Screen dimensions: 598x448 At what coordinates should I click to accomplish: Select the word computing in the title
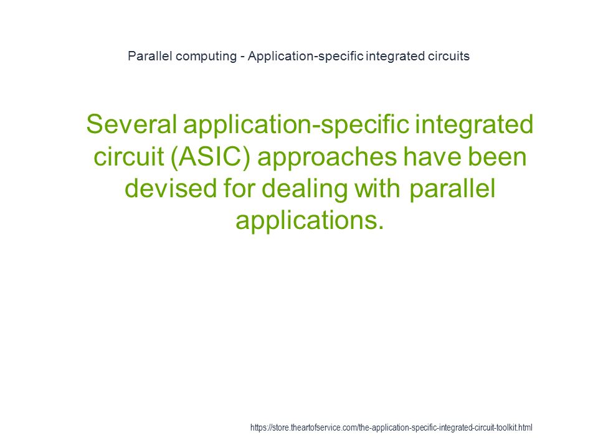pyautogui.click(x=206, y=57)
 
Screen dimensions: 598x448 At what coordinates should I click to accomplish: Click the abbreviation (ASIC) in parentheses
pyautogui.click(x=210, y=157)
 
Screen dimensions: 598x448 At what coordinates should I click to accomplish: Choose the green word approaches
pyautogui.click(x=327, y=157)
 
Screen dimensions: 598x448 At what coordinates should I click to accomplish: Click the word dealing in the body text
pyautogui.click(x=305, y=189)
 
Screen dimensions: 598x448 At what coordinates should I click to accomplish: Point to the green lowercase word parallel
pyautogui.click(x=452, y=189)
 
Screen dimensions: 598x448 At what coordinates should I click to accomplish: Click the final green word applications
pyautogui.click(x=310, y=220)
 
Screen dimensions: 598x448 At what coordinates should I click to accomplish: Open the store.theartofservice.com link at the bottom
pyautogui.click(x=391, y=427)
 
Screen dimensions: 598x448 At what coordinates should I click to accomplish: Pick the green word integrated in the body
pyautogui.click(x=474, y=124)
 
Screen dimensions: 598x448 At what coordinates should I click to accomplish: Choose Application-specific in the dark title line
pyautogui.click(x=305, y=57)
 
